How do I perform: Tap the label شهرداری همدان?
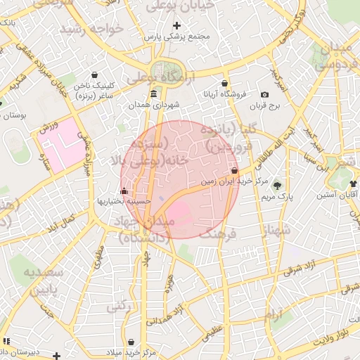154,105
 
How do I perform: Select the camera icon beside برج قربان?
264,94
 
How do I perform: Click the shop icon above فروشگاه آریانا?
224,84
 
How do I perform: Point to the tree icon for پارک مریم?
278,185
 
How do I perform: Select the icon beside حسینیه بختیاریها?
124,191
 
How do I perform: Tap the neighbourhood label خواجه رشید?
91,28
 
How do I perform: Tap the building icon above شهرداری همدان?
154,94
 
